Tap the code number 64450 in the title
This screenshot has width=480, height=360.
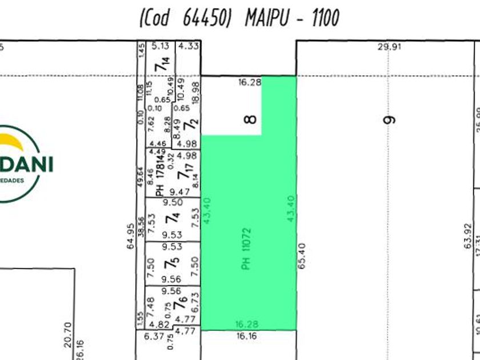pos(207,18)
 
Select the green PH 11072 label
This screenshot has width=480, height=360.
pos(247,249)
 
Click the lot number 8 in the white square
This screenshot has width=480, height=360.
pos(250,119)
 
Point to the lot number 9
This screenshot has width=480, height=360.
pos(390,119)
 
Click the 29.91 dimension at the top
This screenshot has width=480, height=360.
pos(389,47)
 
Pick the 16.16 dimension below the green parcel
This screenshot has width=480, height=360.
pos(246,336)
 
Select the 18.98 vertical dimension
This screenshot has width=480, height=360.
pos(196,91)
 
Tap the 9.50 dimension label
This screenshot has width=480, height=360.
pos(173,202)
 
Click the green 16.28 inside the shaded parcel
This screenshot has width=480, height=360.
pos(247,324)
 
